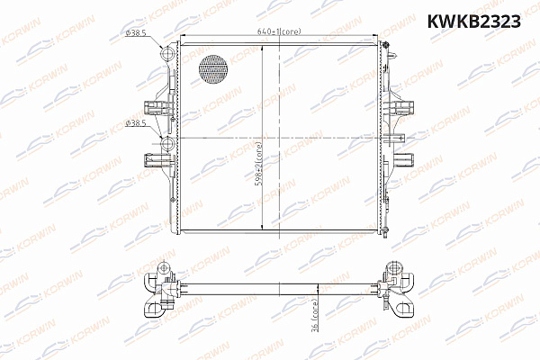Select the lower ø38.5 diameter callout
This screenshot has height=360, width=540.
135,122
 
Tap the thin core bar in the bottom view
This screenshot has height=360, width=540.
279,286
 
